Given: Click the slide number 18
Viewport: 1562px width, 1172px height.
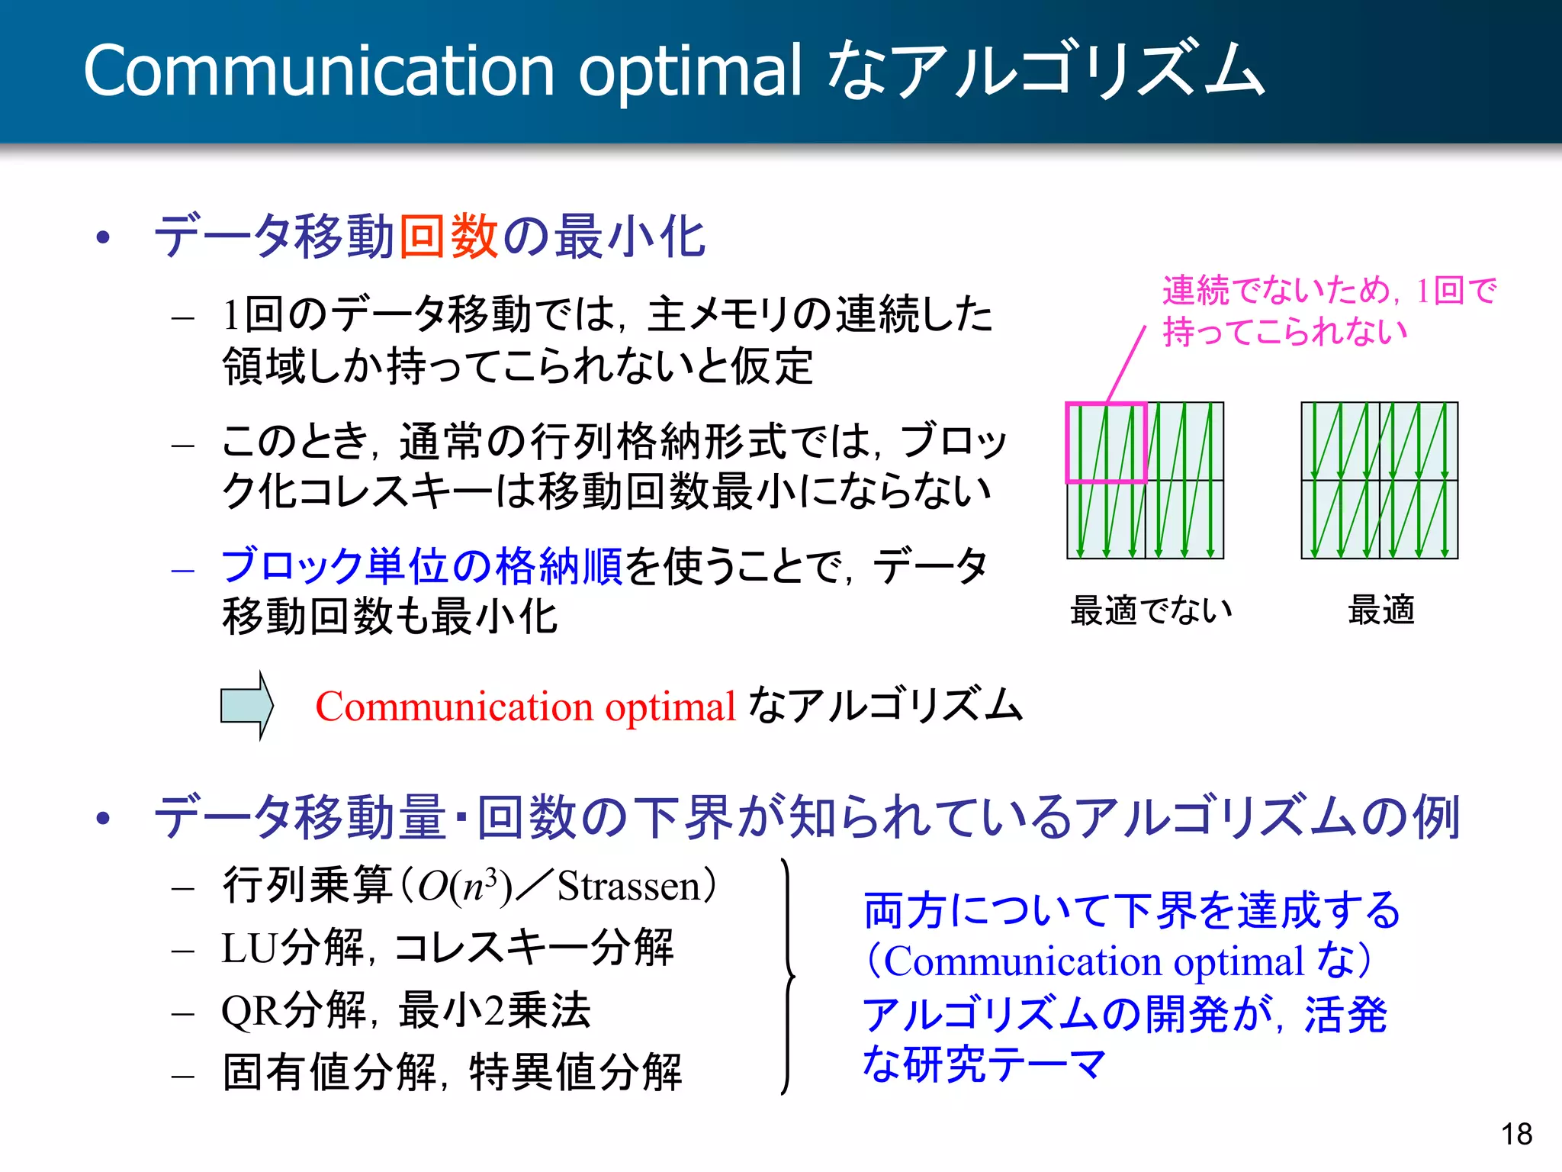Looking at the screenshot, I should [1516, 1134].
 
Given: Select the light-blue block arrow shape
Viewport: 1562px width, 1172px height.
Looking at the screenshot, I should [246, 705].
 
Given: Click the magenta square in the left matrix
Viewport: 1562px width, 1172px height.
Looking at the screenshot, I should [1106, 443].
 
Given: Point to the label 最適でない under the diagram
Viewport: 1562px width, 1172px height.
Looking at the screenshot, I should [1151, 610].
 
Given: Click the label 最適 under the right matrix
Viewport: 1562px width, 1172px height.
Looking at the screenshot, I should [1380, 610].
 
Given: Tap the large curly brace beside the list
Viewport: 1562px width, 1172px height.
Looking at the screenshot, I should [788, 977].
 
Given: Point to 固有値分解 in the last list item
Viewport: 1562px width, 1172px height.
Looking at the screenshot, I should [329, 1072].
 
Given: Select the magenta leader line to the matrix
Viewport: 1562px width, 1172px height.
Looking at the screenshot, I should [1127, 364].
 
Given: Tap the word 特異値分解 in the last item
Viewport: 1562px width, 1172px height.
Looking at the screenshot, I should [575, 1072].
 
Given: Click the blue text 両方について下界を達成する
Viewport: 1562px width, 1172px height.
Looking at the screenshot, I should [1131, 911].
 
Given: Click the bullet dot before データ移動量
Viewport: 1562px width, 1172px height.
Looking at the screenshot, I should [104, 819].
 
